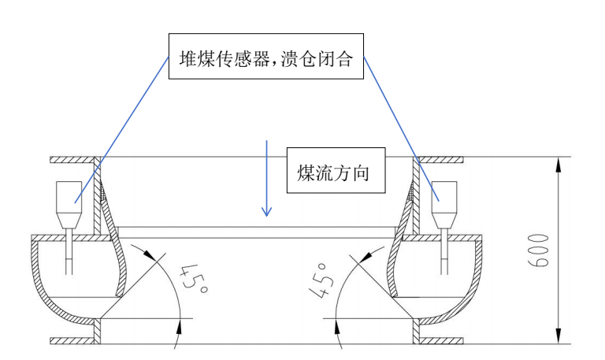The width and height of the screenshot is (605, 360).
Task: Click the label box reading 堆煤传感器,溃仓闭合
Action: pos(266,57)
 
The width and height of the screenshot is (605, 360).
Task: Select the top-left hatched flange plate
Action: pos(75,160)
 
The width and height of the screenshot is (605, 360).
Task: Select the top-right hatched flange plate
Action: pos(441,160)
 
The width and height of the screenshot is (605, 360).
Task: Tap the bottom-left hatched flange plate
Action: pos(75,341)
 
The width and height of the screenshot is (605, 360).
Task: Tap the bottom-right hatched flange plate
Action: pos(441,341)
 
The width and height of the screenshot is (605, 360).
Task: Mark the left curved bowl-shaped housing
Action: pos(59,295)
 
